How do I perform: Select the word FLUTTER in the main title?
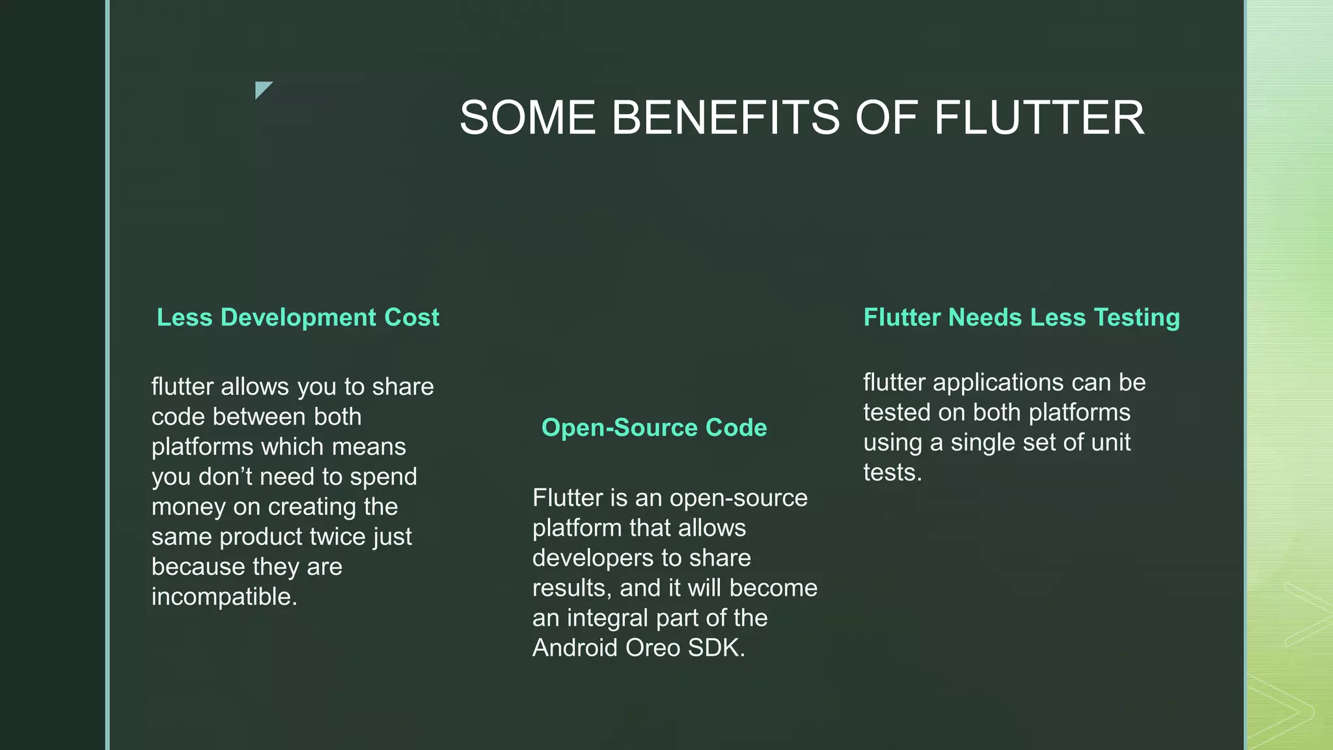1039,118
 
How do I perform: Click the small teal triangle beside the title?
262,89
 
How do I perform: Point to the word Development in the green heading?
298,318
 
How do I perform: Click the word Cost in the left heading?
411,318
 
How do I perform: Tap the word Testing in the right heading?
1136,318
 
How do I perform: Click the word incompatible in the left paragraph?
224,597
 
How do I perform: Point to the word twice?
337,537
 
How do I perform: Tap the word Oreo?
653,648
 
